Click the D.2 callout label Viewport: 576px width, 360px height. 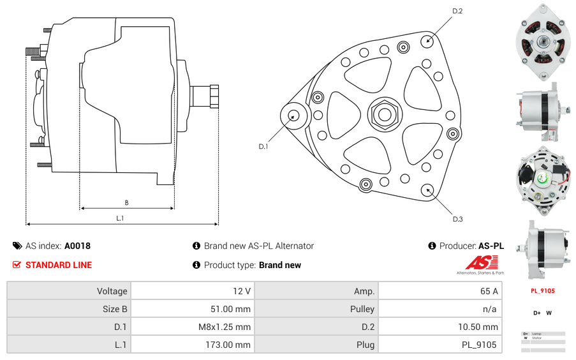(x=457, y=11)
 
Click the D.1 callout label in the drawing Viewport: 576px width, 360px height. (x=263, y=146)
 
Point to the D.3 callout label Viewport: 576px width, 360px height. (x=457, y=219)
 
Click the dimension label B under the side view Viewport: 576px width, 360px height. (x=126, y=203)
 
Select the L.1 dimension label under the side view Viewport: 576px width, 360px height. (x=120, y=218)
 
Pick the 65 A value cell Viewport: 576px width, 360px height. (x=439, y=291)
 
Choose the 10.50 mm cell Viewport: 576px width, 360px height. (x=439, y=327)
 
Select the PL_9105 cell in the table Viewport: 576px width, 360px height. (x=439, y=345)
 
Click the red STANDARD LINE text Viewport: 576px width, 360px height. (x=58, y=265)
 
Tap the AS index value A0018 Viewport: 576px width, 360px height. (x=77, y=246)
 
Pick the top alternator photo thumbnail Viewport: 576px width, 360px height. (x=543, y=42)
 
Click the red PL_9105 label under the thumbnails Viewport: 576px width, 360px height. (x=543, y=291)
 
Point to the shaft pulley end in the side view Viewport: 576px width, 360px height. (x=205, y=97)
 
